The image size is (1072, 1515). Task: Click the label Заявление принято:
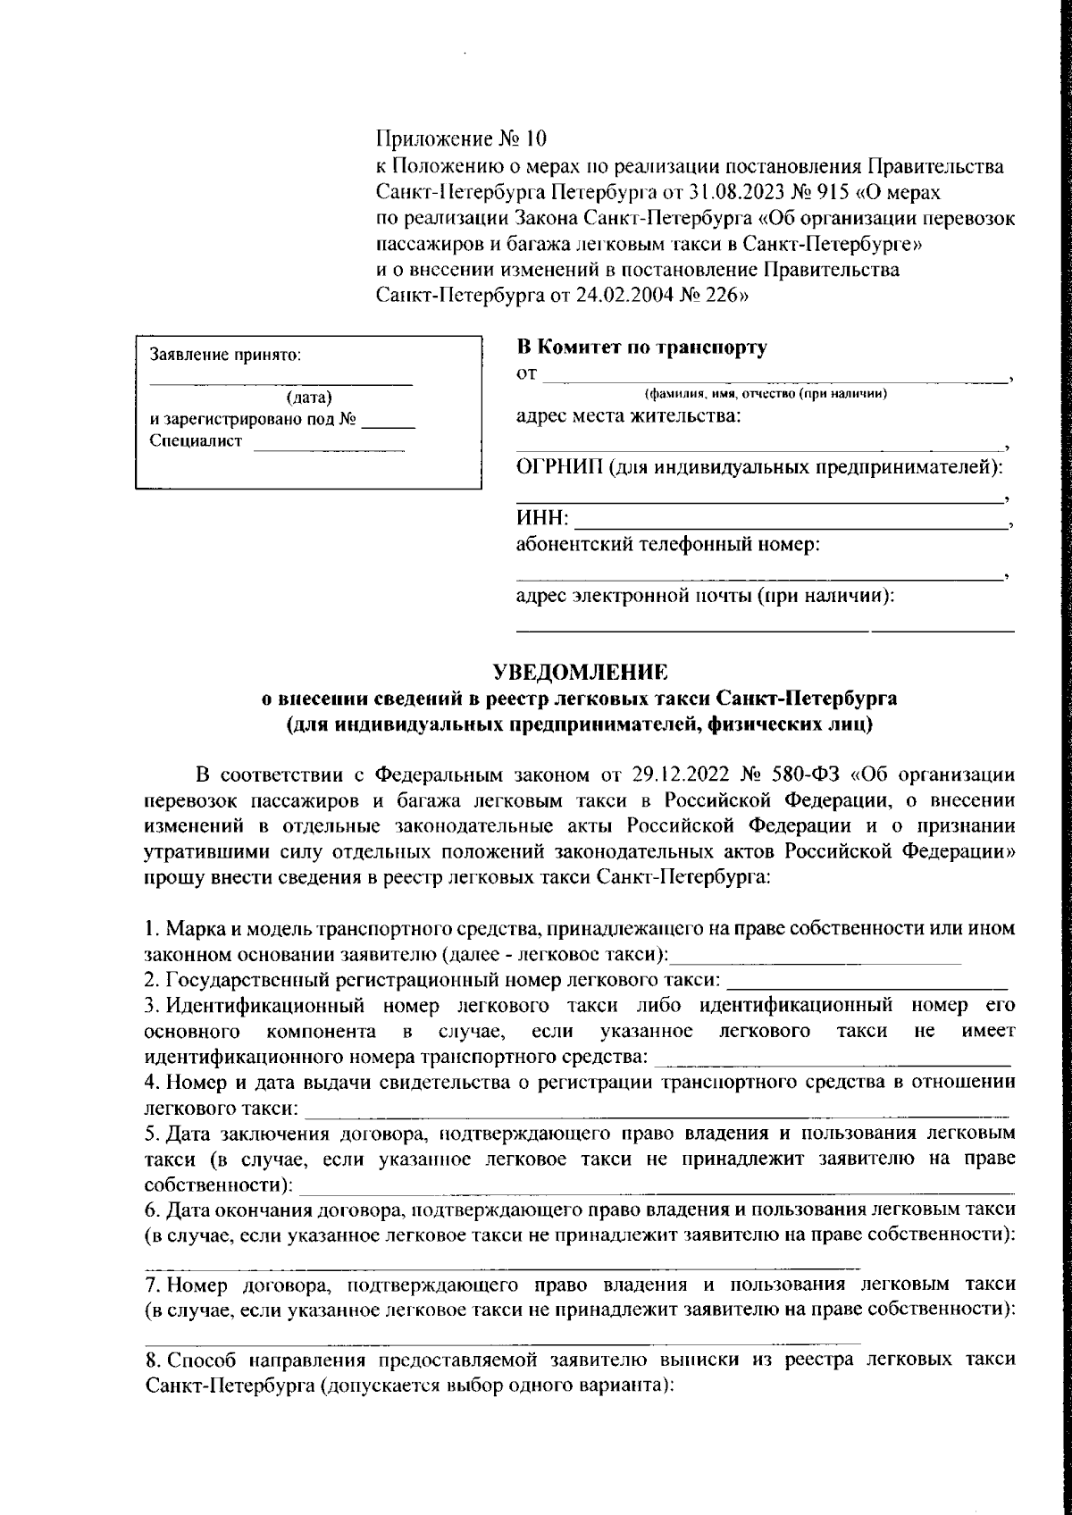click(226, 354)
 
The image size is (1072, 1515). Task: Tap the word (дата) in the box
click(309, 398)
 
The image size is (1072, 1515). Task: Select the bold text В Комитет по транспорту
click(641, 347)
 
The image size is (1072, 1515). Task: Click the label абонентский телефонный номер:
click(668, 544)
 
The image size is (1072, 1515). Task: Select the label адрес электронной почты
click(634, 595)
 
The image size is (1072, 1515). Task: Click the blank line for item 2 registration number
click(867, 981)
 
